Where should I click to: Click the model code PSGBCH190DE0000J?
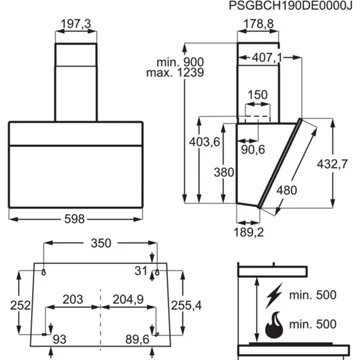click(290, 6)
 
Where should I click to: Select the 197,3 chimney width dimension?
click(76, 24)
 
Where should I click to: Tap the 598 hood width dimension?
click(76, 219)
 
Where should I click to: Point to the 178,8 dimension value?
click(258, 24)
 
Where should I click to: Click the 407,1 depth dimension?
click(267, 58)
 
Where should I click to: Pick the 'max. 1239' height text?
click(175, 73)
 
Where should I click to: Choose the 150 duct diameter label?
click(258, 95)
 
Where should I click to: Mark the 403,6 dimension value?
click(205, 142)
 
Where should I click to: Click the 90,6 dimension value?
click(252, 150)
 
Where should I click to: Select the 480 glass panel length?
click(286, 190)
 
